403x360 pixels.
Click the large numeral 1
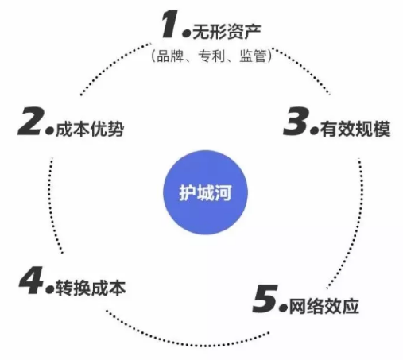pyautogui.click(x=170, y=24)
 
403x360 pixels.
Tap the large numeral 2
pyautogui.click(x=30, y=122)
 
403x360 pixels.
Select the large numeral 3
pyautogui.click(x=296, y=122)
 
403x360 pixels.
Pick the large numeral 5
pyautogui.click(x=265, y=299)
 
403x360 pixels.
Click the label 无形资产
pyautogui.click(x=227, y=32)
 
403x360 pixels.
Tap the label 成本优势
pyautogui.click(x=90, y=129)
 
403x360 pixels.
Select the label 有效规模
pyautogui.click(x=355, y=129)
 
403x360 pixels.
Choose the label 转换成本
pyautogui.click(x=91, y=288)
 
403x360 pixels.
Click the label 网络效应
pyautogui.click(x=324, y=307)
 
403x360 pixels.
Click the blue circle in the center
pyautogui.click(x=205, y=192)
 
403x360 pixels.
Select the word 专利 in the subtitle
pyautogui.click(x=211, y=56)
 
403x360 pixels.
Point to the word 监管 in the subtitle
pyautogui.click(x=253, y=56)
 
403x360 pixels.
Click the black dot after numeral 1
pyautogui.click(x=187, y=33)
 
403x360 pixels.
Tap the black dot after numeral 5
pyautogui.click(x=283, y=308)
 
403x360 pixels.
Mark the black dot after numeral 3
pyautogui.click(x=314, y=130)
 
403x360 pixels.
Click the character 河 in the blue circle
pyautogui.click(x=223, y=192)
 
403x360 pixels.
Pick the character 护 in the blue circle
pyautogui.click(x=188, y=192)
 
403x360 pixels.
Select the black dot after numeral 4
pyautogui.click(x=50, y=289)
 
